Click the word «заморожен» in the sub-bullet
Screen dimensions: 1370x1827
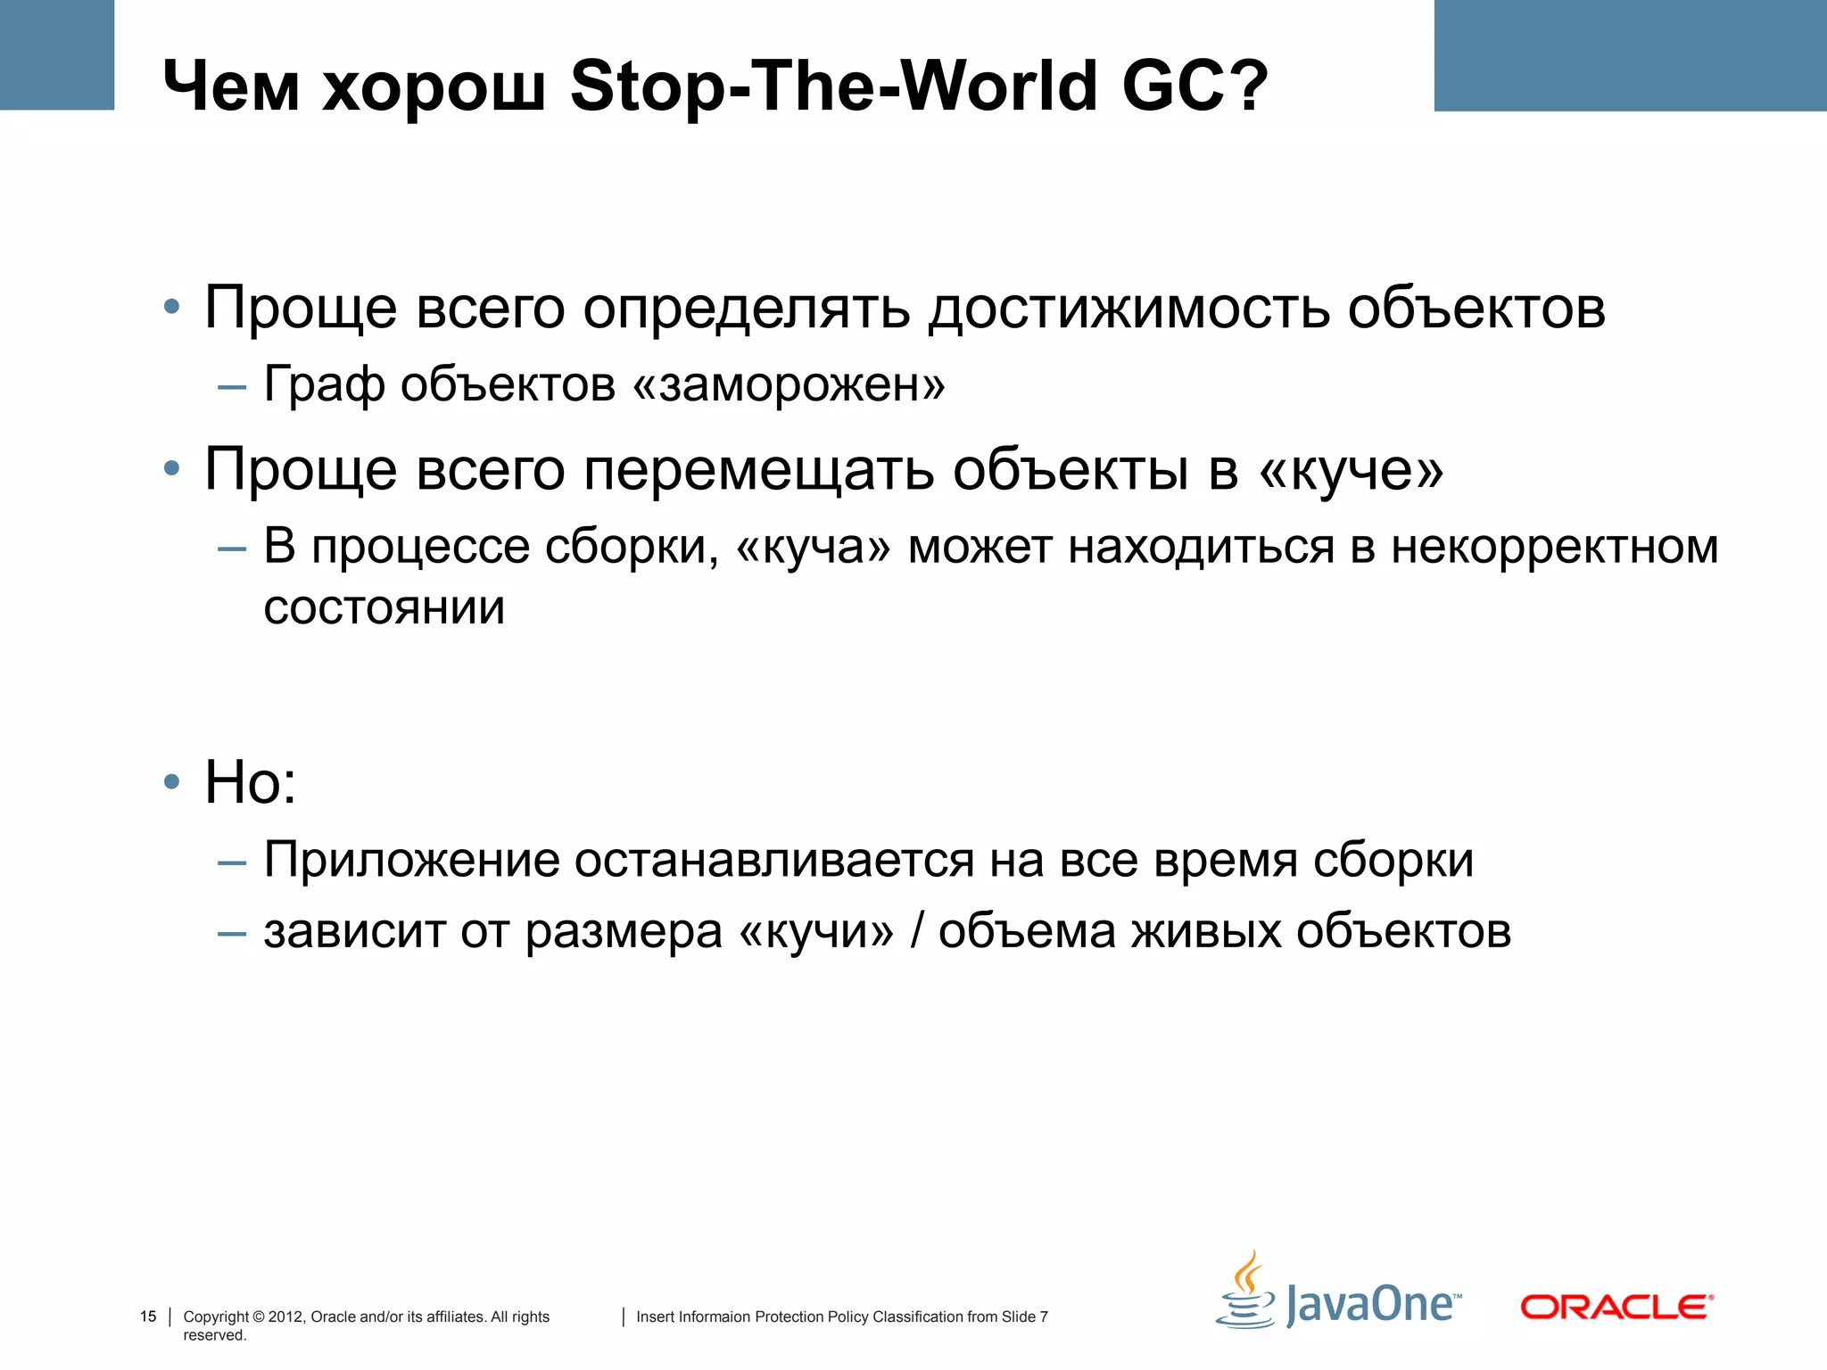pos(789,385)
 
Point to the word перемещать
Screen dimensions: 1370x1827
pos(758,470)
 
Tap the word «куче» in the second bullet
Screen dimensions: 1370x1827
pos(1351,470)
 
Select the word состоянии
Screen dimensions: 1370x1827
pos(384,608)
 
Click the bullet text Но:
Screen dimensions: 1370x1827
pos(251,782)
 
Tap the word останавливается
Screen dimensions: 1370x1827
pos(773,861)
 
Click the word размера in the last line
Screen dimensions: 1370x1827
pos(623,932)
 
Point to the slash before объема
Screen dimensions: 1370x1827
pos(917,932)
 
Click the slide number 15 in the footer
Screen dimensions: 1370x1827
pos(148,1316)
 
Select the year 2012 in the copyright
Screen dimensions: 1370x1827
pos(285,1316)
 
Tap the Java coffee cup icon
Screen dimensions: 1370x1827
pos(1246,1292)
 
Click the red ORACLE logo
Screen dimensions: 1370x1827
pos(1616,1308)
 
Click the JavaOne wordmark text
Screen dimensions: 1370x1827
pos(1372,1305)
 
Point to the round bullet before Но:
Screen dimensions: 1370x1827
pos(172,782)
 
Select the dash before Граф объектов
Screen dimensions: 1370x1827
pos(232,387)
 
